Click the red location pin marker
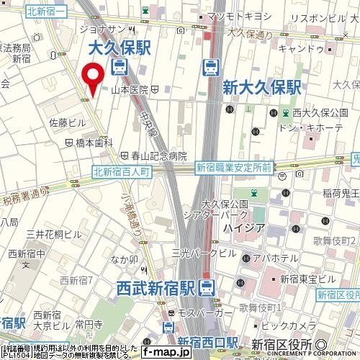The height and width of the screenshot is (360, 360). [x=91, y=79]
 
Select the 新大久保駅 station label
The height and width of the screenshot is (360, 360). [x=261, y=88]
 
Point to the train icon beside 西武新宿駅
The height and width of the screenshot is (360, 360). [x=207, y=288]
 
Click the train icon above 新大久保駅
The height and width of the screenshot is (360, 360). [x=211, y=68]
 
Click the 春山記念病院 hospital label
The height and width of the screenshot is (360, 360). [x=158, y=156]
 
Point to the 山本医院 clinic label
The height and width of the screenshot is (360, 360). [x=130, y=89]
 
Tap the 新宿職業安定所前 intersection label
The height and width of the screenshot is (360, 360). [x=233, y=167]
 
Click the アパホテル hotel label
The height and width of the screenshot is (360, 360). [x=276, y=257]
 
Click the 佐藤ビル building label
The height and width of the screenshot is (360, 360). [x=67, y=123]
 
